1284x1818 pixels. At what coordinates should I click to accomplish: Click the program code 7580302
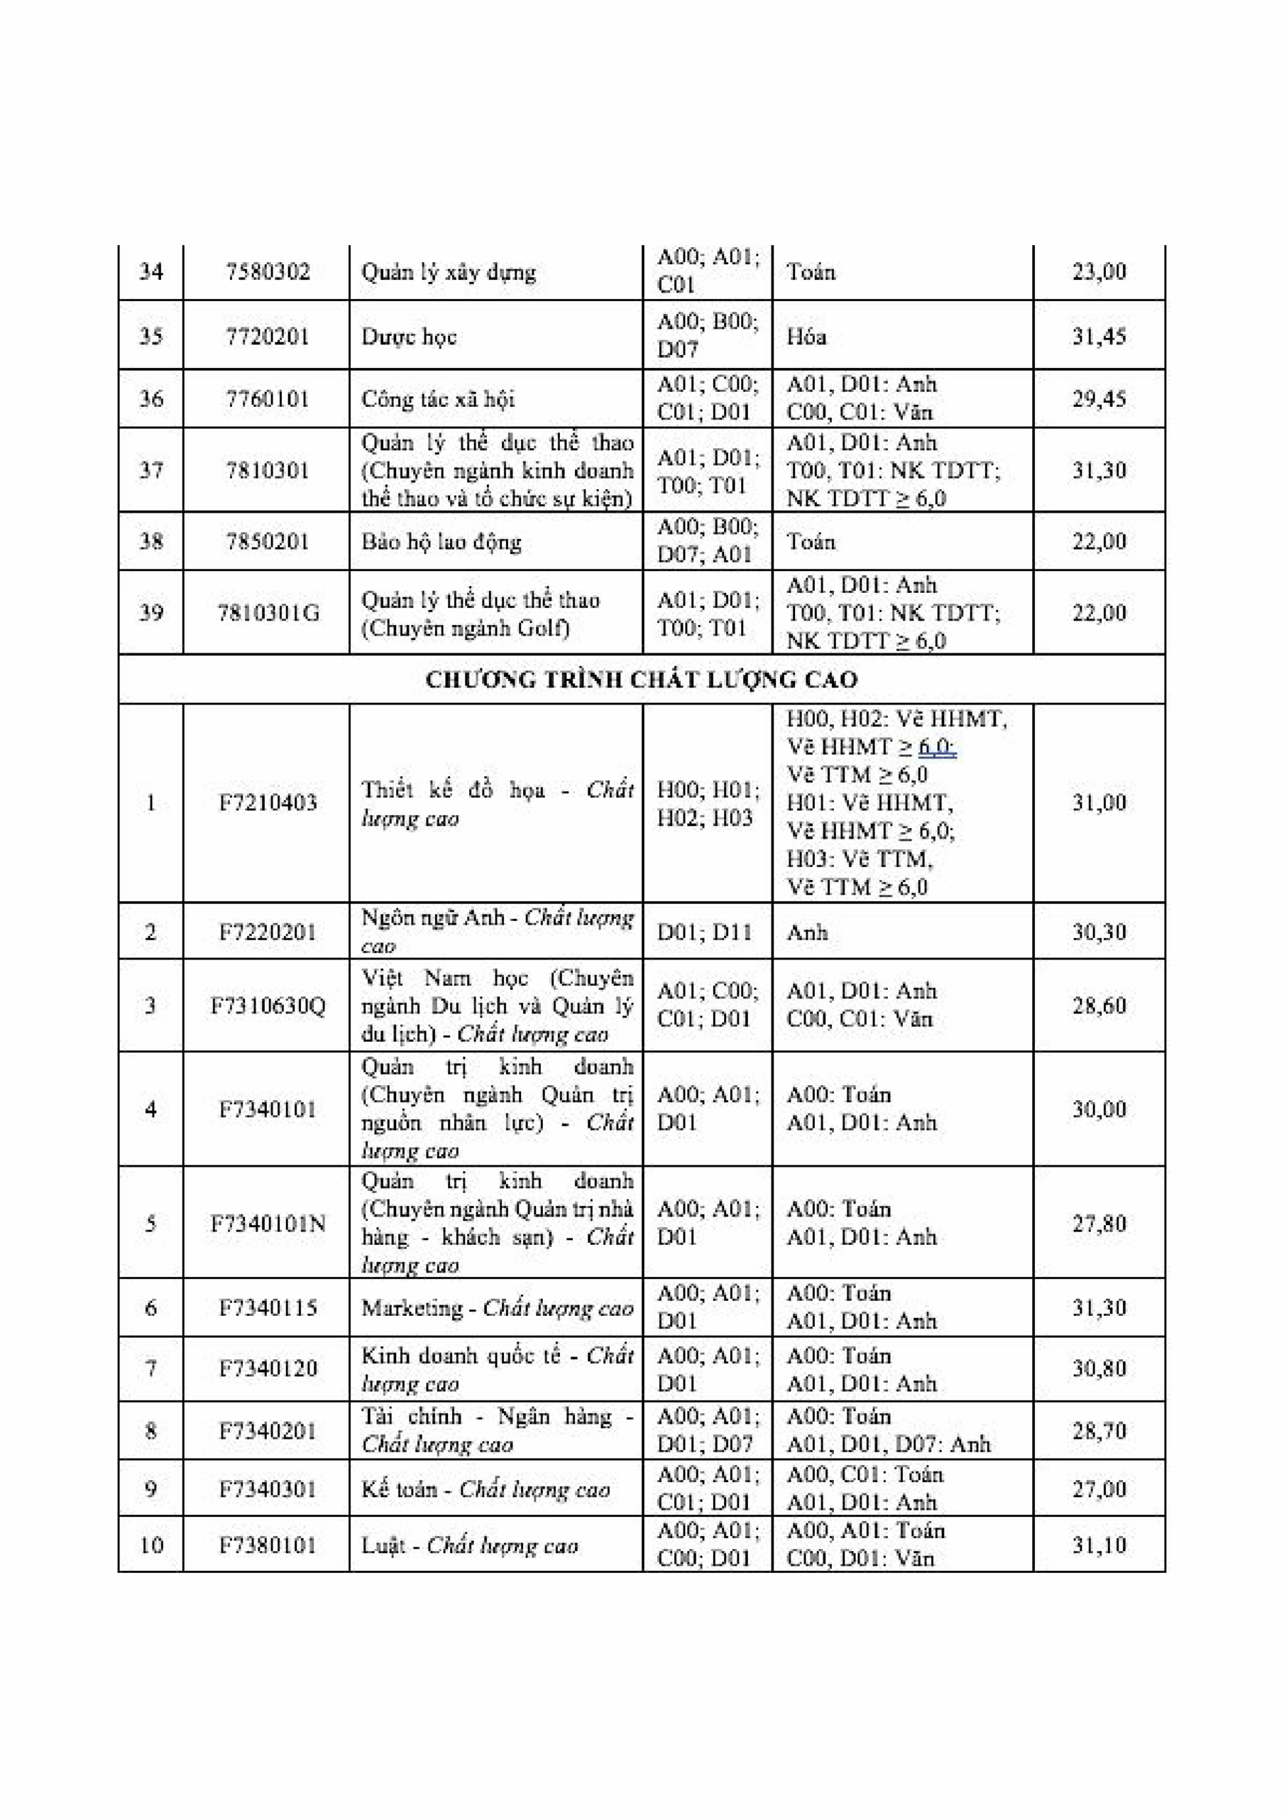268,273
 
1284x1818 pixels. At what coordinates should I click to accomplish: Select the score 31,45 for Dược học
1099,337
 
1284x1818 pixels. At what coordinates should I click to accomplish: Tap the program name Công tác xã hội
438,398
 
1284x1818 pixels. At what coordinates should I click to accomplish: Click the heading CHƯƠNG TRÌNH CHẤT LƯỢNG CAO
641,680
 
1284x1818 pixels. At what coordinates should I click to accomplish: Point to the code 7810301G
268,613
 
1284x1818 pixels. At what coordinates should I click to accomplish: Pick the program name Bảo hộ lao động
441,542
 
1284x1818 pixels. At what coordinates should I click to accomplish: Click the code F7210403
268,803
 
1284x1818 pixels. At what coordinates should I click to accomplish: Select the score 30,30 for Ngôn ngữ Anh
1099,932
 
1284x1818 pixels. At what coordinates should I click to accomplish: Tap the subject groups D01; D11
703,932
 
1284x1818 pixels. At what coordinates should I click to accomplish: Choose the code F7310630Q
268,1006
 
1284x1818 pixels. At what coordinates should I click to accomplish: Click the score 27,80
1099,1224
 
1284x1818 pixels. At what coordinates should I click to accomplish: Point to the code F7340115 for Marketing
268,1307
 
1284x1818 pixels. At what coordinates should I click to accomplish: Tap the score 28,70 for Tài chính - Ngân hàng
1099,1431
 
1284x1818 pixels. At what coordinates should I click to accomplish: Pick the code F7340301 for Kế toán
268,1489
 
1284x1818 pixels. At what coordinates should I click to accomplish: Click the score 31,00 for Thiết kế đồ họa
1099,803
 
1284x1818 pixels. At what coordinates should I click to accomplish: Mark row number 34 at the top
150,273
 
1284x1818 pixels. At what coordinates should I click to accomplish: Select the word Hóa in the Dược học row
806,337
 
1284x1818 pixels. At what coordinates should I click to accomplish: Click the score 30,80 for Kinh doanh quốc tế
1099,1368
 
